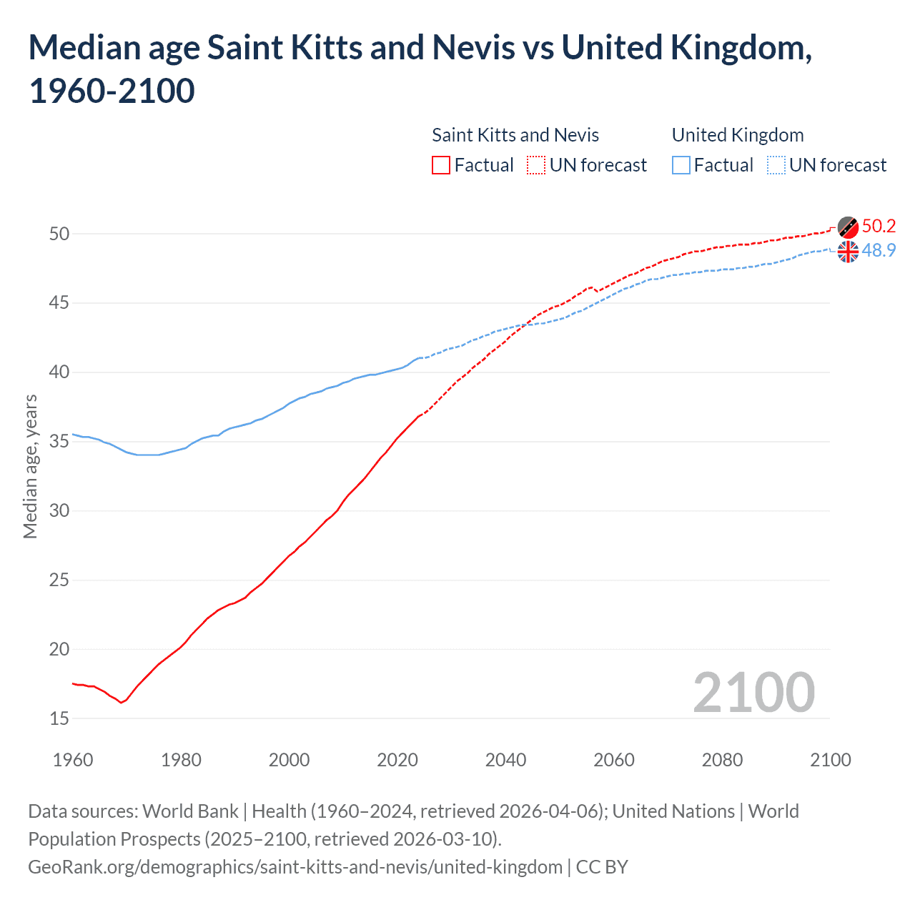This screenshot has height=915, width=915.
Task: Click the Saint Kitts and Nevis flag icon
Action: [x=848, y=227]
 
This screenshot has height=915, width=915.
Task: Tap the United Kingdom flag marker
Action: [x=848, y=252]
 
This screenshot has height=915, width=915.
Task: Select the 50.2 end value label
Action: [x=879, y=227]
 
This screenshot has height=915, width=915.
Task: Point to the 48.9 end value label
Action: [x=879, y=251]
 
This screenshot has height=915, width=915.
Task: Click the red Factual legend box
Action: [x=441, y=165]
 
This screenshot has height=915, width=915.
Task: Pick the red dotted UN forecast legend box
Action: [x=536, y=165]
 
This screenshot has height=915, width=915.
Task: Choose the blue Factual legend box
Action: [x=681, y=165]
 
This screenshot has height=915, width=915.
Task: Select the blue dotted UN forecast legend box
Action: [x=776, y=165]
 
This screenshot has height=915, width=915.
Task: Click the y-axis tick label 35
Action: [x=59, y=442]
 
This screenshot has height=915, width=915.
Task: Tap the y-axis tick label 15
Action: [x=59, y=718]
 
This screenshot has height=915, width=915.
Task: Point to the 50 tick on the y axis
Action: [x=59, y=234]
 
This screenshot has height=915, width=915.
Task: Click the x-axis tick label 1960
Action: [x=73, y=760]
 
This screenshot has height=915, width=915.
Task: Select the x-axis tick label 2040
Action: [x=505, y=760]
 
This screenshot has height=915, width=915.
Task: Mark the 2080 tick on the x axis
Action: [x=722, y=760]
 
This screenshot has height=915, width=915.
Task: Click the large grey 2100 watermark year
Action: [x=753, y=693]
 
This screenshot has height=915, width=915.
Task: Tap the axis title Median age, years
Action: [x=30, y=466]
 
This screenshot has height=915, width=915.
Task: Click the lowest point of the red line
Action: [x=121, y=703]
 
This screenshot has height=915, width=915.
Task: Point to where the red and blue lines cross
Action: [x=526, y=325]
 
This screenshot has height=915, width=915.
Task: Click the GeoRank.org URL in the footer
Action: [x=295, y=867]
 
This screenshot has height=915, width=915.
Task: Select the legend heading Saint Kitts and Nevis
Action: [x=515, y=135]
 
